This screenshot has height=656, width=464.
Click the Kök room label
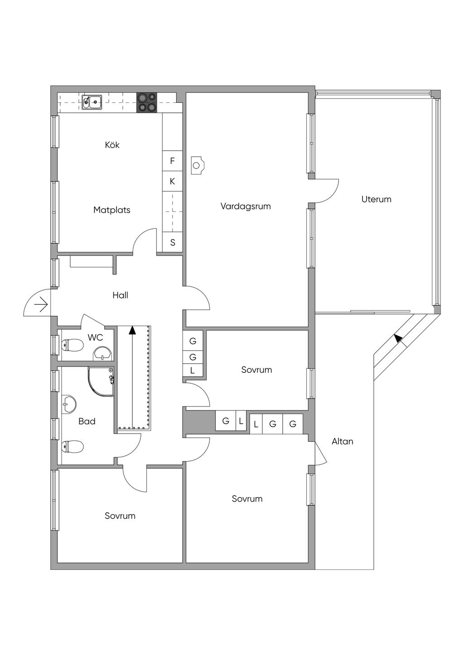tap(112, 145)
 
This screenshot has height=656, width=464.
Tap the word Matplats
tap(112, 210)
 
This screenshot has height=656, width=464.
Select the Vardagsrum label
tap(246, 206)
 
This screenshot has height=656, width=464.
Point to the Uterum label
tap(376, 199)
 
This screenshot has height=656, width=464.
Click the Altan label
tap(342, 441)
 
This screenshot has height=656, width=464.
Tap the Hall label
tap(120, 295)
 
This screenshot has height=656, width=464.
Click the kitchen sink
tap(92, 102)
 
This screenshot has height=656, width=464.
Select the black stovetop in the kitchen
tap(146, 102)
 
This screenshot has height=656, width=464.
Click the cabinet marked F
tap(172, 161)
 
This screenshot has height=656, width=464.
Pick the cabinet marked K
tap(172, 181)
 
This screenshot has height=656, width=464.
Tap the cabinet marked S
tap(173, 242)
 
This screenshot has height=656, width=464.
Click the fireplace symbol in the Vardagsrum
tap(197, 165)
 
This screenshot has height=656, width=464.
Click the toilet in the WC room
tap(72, 345)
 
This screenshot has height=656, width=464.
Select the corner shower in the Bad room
tap(101, 382)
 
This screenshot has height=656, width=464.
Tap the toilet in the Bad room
tap(72, 447)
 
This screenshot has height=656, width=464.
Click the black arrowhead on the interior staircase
tap(133, 330)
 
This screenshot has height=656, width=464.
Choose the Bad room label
tap(87, 421)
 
